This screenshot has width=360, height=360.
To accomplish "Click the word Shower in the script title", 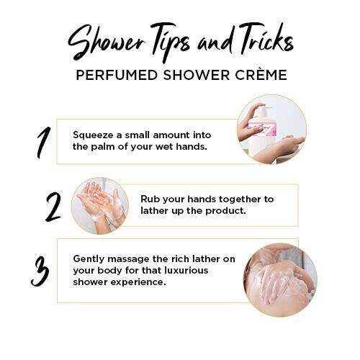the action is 107,42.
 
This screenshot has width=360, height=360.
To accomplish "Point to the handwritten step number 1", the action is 43,143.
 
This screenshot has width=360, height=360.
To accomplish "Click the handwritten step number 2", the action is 53,207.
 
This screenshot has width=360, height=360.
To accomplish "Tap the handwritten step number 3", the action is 40,271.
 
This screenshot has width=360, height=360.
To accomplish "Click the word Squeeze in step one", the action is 93,135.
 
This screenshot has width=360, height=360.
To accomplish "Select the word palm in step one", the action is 103,147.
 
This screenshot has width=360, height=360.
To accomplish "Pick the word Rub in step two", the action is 149,199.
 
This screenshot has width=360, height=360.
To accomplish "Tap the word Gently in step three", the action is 89,259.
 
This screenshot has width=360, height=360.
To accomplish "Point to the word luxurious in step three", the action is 186,271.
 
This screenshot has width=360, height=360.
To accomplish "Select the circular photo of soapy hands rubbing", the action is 100,206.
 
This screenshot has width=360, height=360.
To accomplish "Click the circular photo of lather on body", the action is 280,280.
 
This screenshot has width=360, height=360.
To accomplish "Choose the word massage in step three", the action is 128,259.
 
